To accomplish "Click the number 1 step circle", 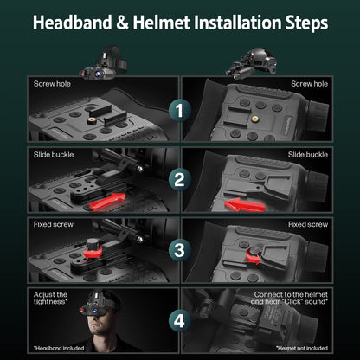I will pyautogui.click(x=180, y=111).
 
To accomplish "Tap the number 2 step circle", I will pyautogui.click(x=180, y=180).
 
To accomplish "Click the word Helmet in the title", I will pyautogui.click(x=173, y=21).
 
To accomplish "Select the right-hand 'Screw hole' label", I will pyautogui.click(x=310, y=85).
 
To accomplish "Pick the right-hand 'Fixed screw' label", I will pyautogui.click(x=309, y=224).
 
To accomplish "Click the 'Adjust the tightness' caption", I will pyautogui.click(x=51, y=299).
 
